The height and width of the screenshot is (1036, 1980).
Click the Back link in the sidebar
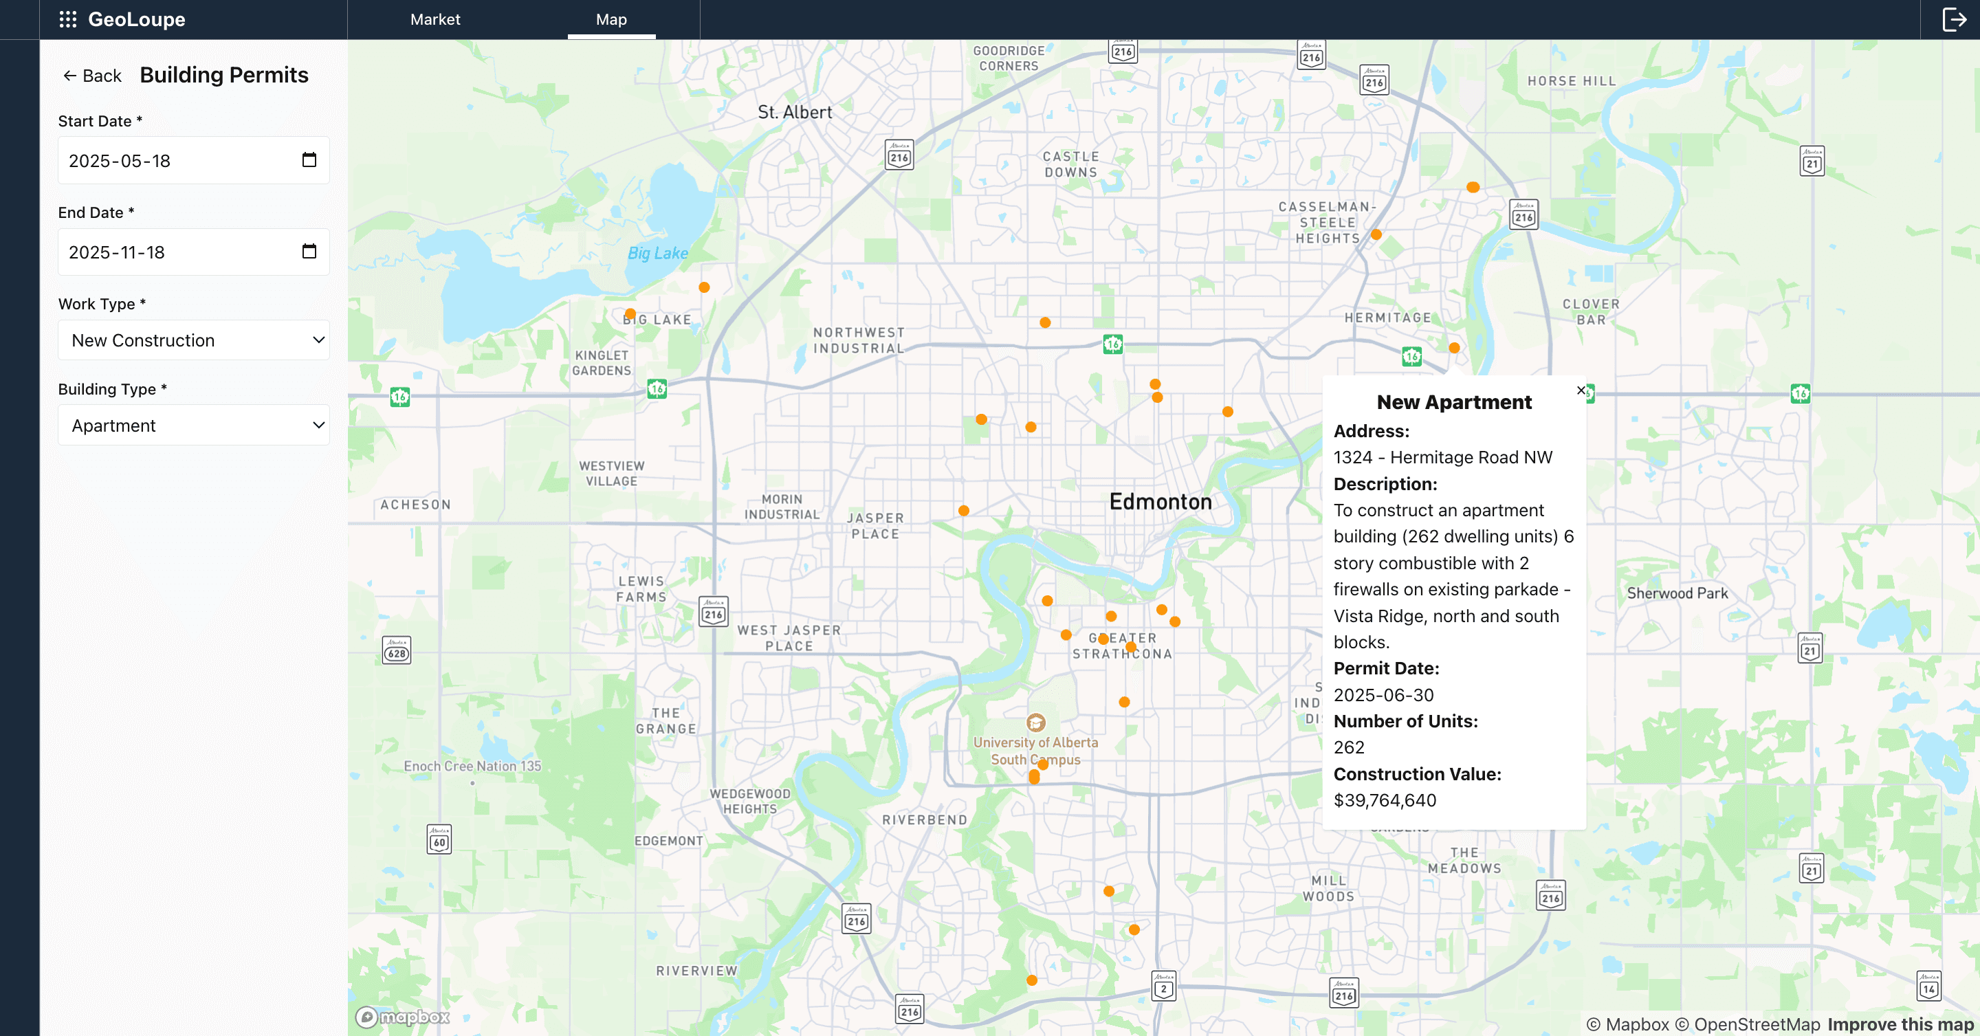[92, 76]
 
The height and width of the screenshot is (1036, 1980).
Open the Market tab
[435, 19]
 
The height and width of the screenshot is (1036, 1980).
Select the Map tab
[611, 19]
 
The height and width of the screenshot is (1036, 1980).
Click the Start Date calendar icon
[309, 160]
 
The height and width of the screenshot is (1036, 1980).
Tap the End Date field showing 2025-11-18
[177, 252]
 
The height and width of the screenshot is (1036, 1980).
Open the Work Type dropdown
[194, 340]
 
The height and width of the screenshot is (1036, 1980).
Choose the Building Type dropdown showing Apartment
[194, 426]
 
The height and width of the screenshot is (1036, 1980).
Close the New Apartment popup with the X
[1581, 390]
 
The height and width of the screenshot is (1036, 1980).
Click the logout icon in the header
[1953, 19]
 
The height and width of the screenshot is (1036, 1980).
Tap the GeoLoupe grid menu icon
[67, 19]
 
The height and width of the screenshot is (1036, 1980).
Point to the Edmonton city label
[1160, 502]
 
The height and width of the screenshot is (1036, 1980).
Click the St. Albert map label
[795, 112]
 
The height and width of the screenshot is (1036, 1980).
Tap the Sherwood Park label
[1677, 593]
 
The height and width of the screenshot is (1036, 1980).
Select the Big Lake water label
[657, 253]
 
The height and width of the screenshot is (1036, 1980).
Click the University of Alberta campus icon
[1035, 723]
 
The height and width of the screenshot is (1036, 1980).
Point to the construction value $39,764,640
[1385, 800]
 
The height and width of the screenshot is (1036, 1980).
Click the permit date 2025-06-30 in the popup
[1383, 695]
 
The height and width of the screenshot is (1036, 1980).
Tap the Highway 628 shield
[397, 651]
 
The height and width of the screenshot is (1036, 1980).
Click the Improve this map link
[1900, 1024]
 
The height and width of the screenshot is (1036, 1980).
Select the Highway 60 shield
[439, 840]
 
